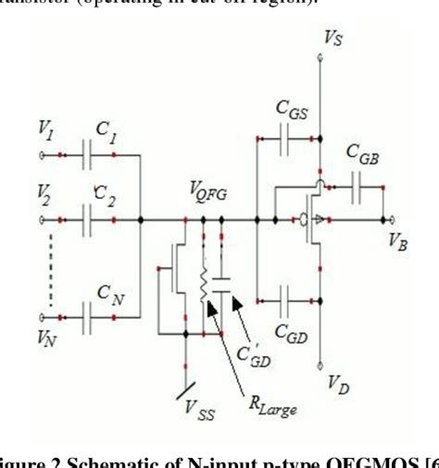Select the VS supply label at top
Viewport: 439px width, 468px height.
[332, 39]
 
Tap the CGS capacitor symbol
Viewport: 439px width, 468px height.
[286, 139]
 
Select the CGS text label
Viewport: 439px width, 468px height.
[291, 108]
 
